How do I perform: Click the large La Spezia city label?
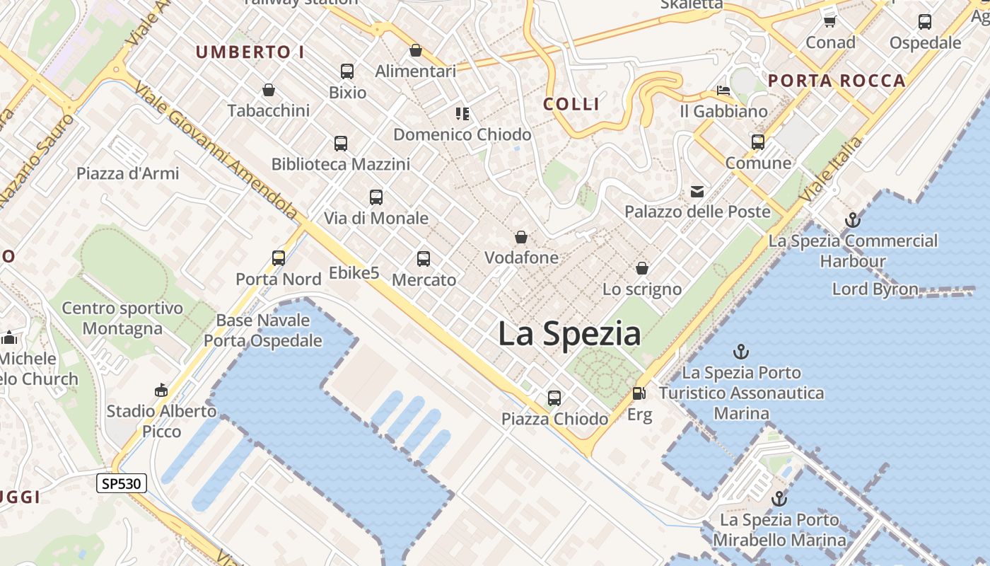click(x=569, y=334)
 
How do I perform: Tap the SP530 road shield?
click(x=122, y=484)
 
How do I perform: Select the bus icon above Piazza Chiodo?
click(x=554, y=398)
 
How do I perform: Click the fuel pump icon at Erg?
click(x=639, y=393)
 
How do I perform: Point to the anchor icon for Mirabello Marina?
click(x=779, y=499)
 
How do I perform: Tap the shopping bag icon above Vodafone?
click(x=521, y=237)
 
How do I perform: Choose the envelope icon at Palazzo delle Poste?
click(x=697, y=191)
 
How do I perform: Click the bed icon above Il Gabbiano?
click(x=723, y=91)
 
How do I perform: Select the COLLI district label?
click(x=571, y=104)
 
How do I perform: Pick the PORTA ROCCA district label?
click(x=837, y=81)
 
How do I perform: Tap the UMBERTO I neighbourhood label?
click(x=250, y=52)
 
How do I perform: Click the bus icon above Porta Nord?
click(x=279, y=258)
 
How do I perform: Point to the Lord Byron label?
click(x=875, y=289)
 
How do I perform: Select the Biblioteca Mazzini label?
click(x=340, y=164)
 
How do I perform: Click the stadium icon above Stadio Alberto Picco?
click(x=161, y=390)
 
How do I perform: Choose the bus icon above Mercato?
click(x=424, y=259)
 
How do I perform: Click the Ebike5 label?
click(x=354, y=272)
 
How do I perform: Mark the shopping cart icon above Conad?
click(x=830, y=21)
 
